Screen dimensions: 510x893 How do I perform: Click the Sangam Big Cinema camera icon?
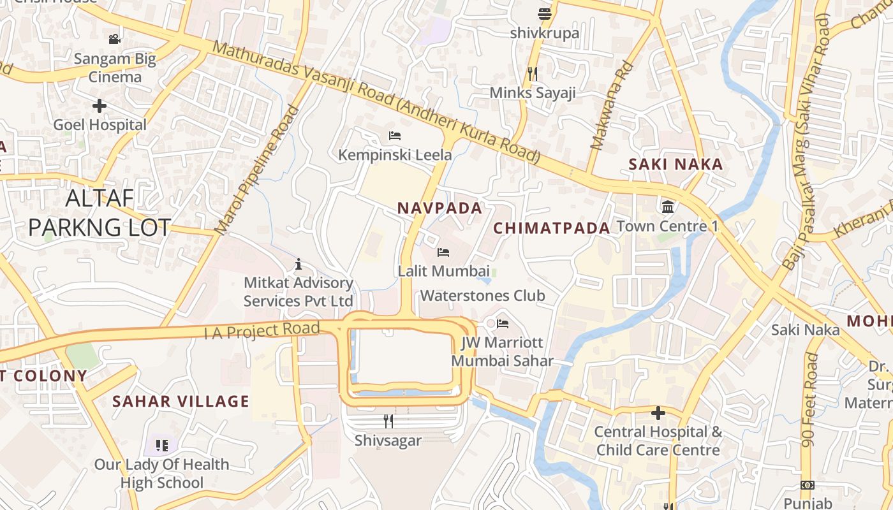(x=114, y=40)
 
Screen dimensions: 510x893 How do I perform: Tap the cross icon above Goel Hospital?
(x=100, y=106)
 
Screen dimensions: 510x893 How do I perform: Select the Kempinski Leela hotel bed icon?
(x=395, y=136)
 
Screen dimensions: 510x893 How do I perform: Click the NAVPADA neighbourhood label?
(x=439, y=208)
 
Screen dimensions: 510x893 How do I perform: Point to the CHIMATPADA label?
(x=552, y=228)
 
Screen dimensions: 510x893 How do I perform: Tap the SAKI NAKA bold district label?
(x=675, y=164)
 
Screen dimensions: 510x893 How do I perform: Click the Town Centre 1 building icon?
(x=668, y=207)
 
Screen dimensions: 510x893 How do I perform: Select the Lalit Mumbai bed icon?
(x=443, y=252)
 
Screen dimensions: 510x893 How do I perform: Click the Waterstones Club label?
(x=482, y=295)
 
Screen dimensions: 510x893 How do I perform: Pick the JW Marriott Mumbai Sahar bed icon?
(x=503, y=324)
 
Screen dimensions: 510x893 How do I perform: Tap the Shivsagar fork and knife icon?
(x=388, y=421)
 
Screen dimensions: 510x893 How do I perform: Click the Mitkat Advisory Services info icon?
(x=298, y=264)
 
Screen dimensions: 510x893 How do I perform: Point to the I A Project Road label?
(x=262, y=331)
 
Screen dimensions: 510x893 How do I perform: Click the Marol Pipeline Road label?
(x=257, y=170)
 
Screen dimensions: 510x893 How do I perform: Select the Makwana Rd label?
(x=611, y=106)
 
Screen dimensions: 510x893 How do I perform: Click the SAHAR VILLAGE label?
(x=181, y=401)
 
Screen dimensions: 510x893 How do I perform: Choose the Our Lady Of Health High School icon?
(x=161, y=445)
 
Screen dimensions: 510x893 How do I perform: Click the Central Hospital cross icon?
(x=658, y=413)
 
